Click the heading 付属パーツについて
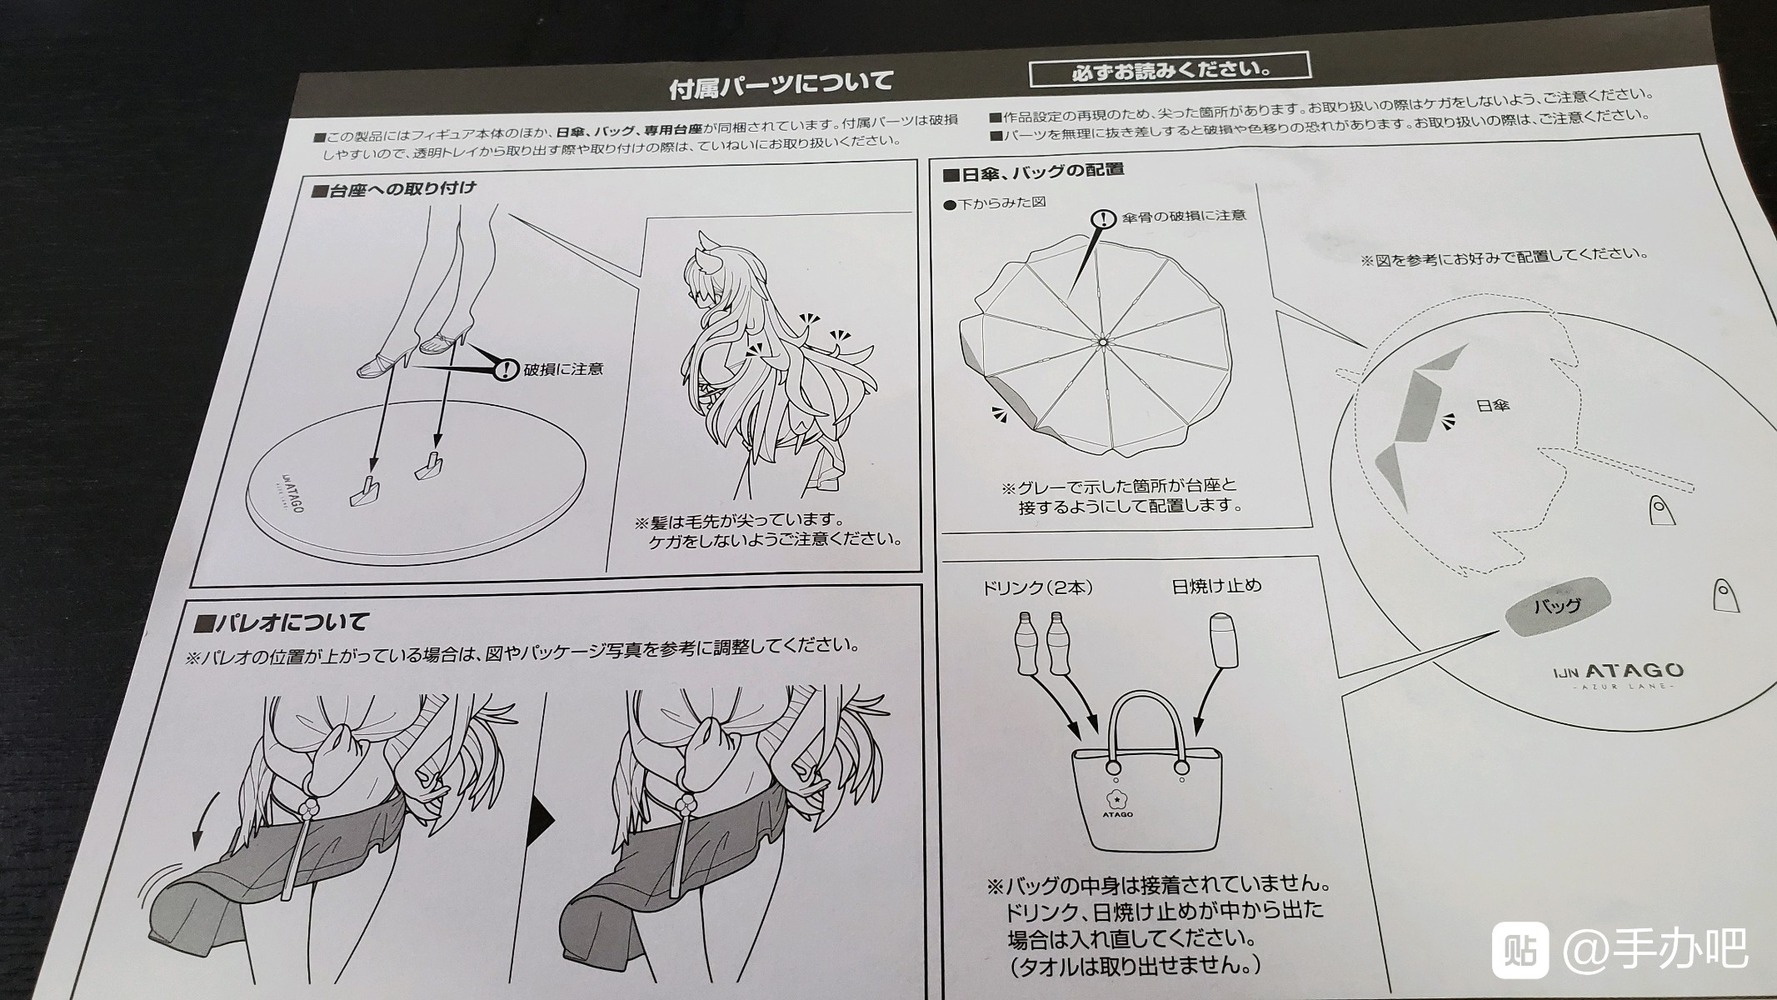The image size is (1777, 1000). (781, 83)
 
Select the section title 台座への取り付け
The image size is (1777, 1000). (394, 189)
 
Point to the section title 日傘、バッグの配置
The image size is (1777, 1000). (1033, 172)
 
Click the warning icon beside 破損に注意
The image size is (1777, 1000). (505, 368)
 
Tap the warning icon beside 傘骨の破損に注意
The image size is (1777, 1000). (1104, 218)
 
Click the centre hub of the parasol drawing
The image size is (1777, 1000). (1102, 341)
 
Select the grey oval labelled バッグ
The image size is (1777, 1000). (1557, 606)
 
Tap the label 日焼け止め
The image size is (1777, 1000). (1216, 586)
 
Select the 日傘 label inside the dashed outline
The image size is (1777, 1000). (1492, 406)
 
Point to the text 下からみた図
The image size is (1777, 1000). (995, 203)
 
